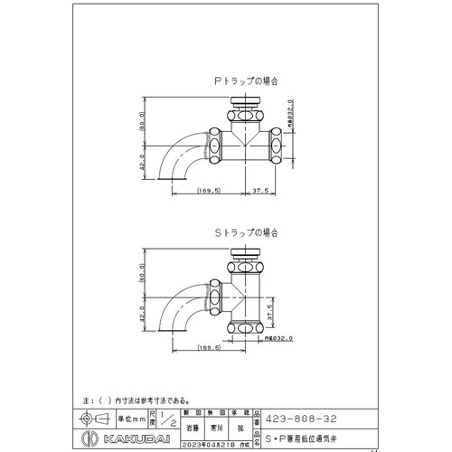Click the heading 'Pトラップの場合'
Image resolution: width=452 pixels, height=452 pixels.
pyautogui.click(x=244, y=81)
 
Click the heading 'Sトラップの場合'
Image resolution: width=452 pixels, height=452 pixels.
pyautogui.click(x=244, y=232)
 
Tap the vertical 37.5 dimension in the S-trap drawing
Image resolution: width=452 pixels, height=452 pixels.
pyautogui.click(x=282, y=307)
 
